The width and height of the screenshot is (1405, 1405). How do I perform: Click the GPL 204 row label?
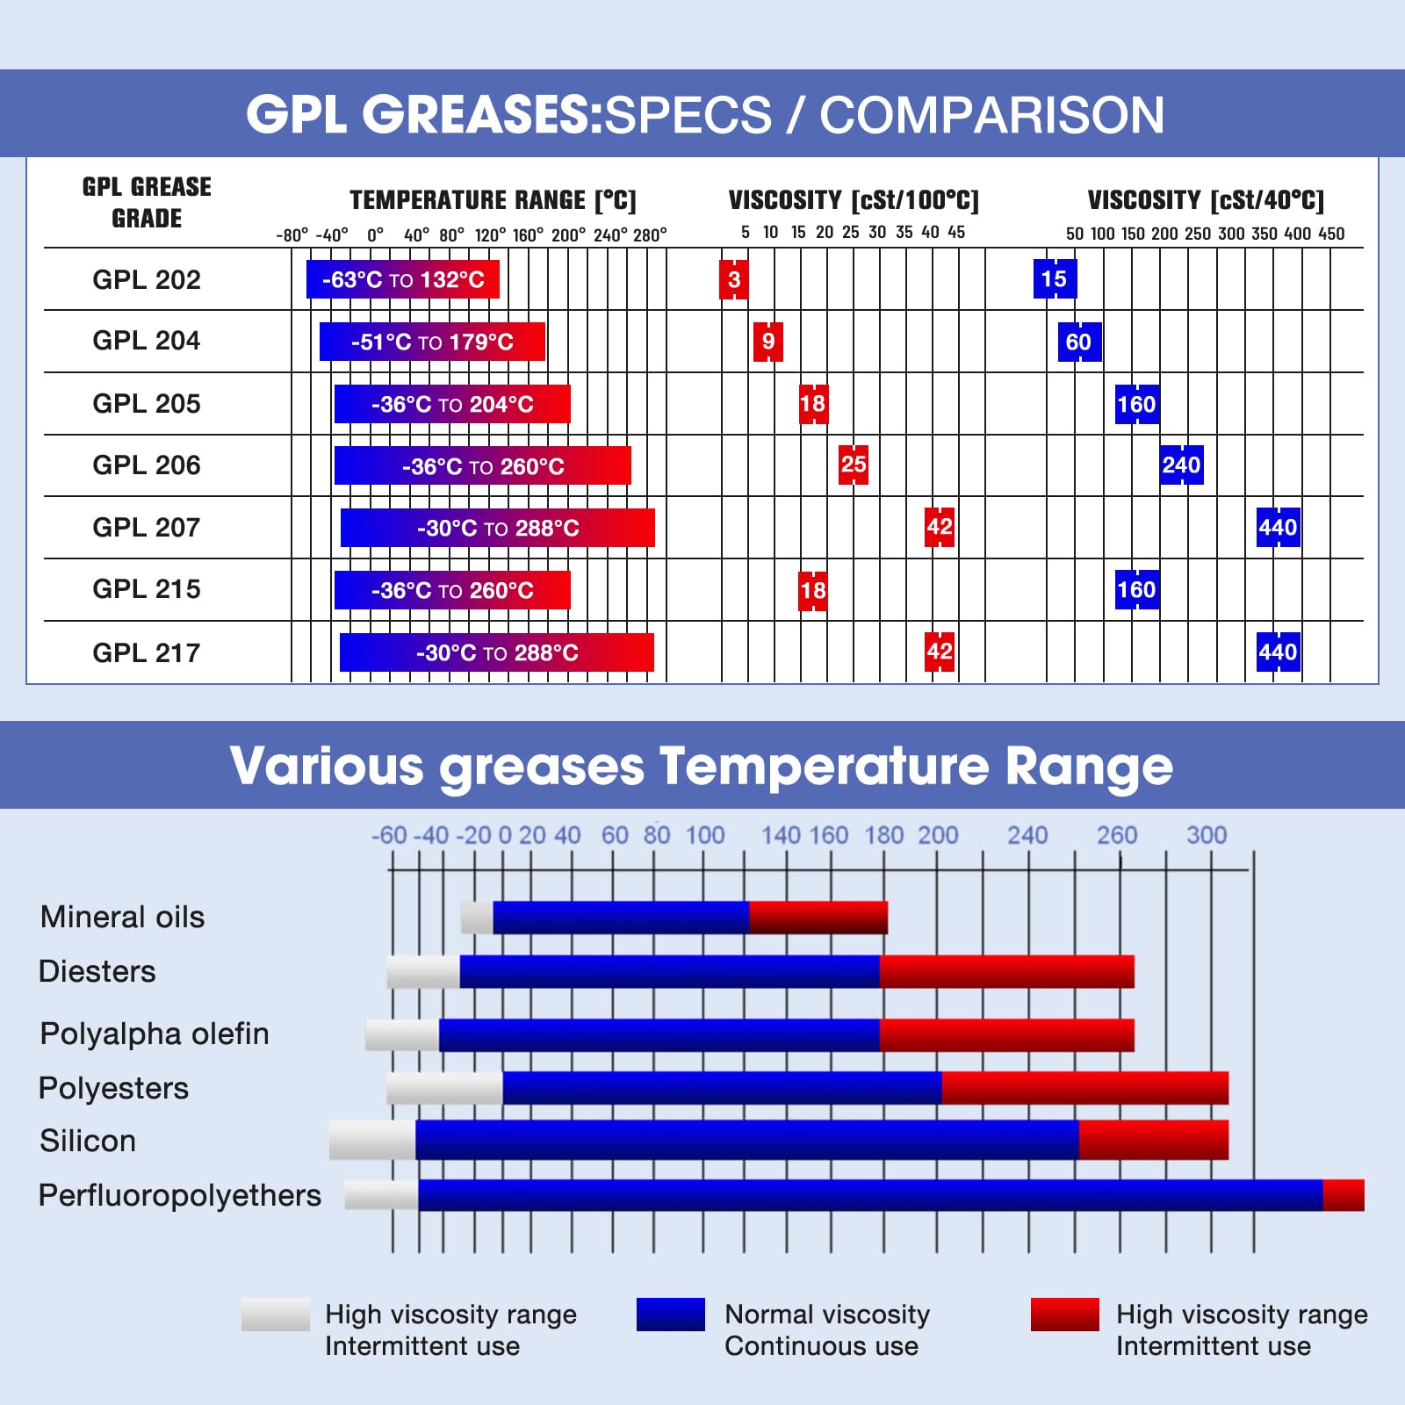pos(147,341)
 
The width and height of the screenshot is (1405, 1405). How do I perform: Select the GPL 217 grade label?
pos(147,652)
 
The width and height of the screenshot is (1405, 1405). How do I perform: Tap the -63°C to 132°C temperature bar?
pos(403,279)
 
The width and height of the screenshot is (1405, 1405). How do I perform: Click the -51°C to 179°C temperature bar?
pos(432,342)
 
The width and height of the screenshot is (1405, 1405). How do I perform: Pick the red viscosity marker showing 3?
pos(734,279)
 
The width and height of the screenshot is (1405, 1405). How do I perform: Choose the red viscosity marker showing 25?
pos(854,465)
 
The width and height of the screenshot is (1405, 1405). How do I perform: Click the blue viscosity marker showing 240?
pos(1181,465)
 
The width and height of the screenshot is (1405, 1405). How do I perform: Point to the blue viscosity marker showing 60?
pos(1079,342)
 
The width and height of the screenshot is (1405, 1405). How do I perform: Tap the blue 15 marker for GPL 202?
pos(1054,279)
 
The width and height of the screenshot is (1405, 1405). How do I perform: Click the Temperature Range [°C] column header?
pos(493,200)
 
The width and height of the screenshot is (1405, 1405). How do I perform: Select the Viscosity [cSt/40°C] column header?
pos(1206,200)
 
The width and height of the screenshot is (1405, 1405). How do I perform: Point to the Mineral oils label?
pos(122,917)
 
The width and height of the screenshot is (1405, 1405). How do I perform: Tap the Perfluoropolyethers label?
pos(180,1195)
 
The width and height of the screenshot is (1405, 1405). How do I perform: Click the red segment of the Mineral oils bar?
pos(818,918)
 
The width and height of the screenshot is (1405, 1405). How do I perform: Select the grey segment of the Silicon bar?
pos(372,1140)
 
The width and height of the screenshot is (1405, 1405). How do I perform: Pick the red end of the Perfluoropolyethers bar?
pos(1344,1195)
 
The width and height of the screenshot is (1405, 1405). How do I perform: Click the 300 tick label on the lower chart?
pos(1207,835)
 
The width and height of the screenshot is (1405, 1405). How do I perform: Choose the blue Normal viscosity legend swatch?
pos(671,1315)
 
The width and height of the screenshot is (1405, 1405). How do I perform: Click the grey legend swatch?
pos(276,1315)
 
